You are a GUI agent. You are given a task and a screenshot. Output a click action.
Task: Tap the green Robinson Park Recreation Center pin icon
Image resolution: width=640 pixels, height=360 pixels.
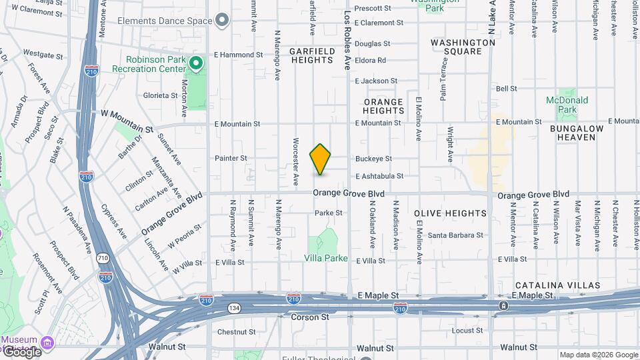click(195, 64)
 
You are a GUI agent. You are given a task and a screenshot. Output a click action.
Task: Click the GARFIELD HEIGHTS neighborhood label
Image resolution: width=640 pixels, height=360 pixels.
click(311, 55)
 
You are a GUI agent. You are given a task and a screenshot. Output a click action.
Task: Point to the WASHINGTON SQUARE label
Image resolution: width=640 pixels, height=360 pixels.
click(463, 47)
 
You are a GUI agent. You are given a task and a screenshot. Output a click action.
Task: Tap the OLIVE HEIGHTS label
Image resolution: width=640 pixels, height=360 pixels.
click(450, 213)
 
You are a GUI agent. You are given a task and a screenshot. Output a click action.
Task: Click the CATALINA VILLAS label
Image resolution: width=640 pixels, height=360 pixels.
click(557, 285)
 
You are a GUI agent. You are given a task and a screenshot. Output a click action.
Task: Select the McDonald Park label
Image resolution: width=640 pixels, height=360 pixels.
click(567, 105)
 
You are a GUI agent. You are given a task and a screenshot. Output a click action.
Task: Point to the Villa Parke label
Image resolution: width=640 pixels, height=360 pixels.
click(326, 258)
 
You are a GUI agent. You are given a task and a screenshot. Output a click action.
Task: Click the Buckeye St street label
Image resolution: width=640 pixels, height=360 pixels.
click(373, 159)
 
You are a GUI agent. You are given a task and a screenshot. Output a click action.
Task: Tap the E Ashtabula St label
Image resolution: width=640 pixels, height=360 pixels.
click(379, 176)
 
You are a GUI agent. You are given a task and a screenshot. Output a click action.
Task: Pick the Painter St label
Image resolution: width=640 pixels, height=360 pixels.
click(231, 158)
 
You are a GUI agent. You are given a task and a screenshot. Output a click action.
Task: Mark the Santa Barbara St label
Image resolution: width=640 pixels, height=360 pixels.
click(455, 235)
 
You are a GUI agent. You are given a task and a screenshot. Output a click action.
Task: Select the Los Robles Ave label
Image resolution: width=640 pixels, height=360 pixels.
click(347, 40)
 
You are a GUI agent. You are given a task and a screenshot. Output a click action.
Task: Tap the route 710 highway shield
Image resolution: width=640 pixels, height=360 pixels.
click(103, 257)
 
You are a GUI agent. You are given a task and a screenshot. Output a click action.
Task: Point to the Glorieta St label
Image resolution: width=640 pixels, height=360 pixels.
click(159, 95)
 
